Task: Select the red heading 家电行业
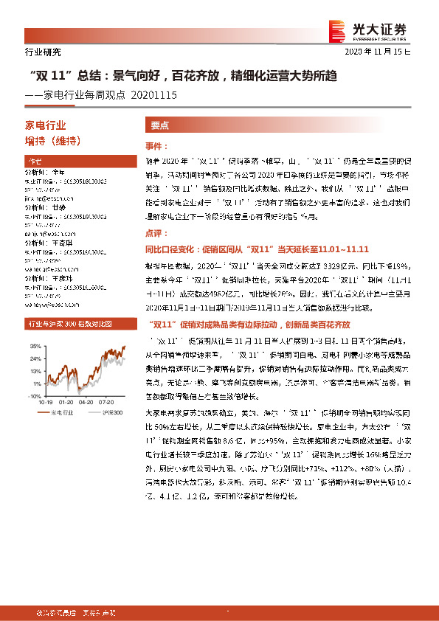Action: click(46, 126)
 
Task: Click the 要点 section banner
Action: click(160, 125)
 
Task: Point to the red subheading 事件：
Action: click(158, 147)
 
